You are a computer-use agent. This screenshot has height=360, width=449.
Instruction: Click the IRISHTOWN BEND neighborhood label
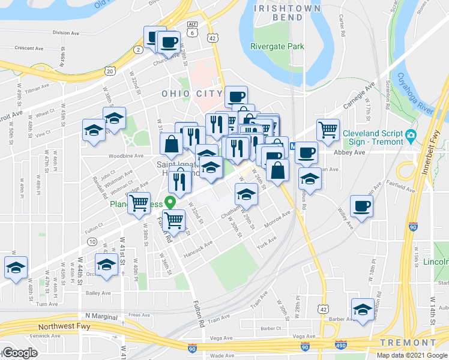tap(279, 13)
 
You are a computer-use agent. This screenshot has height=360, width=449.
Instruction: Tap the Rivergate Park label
tap(277, 46)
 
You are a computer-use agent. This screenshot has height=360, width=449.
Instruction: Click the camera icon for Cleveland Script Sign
tap(411, 134)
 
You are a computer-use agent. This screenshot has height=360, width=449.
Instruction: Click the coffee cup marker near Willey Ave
tap(362, 206)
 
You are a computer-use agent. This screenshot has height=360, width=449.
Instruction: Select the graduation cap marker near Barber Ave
tap(362, 309)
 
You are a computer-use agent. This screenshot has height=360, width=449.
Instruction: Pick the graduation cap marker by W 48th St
tap(16, 267)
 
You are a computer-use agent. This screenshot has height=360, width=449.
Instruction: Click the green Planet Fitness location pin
tap(170, 203)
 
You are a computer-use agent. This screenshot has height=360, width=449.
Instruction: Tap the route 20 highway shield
tap(109, 71)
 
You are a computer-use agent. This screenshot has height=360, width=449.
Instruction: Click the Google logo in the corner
tap(19, 353)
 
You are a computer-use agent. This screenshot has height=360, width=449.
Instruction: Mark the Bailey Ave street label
tap(98, 293)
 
